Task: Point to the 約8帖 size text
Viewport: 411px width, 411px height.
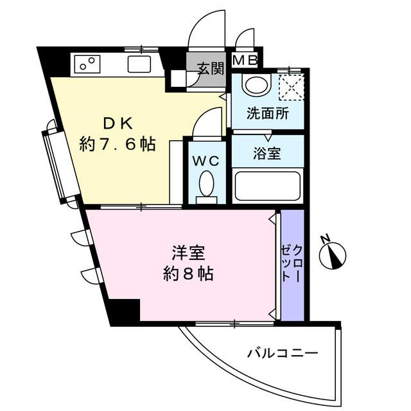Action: coord(188,274)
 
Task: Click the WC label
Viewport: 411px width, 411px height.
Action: coord(206,159)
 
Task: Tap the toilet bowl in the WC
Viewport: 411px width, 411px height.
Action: coord(206,184)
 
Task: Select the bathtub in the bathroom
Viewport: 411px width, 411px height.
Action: coord(267,186)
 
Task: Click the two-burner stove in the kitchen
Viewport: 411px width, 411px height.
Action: coord(87,64)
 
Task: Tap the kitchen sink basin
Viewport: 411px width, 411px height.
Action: coord(139,64)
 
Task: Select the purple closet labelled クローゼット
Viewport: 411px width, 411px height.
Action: coord(291,264)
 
